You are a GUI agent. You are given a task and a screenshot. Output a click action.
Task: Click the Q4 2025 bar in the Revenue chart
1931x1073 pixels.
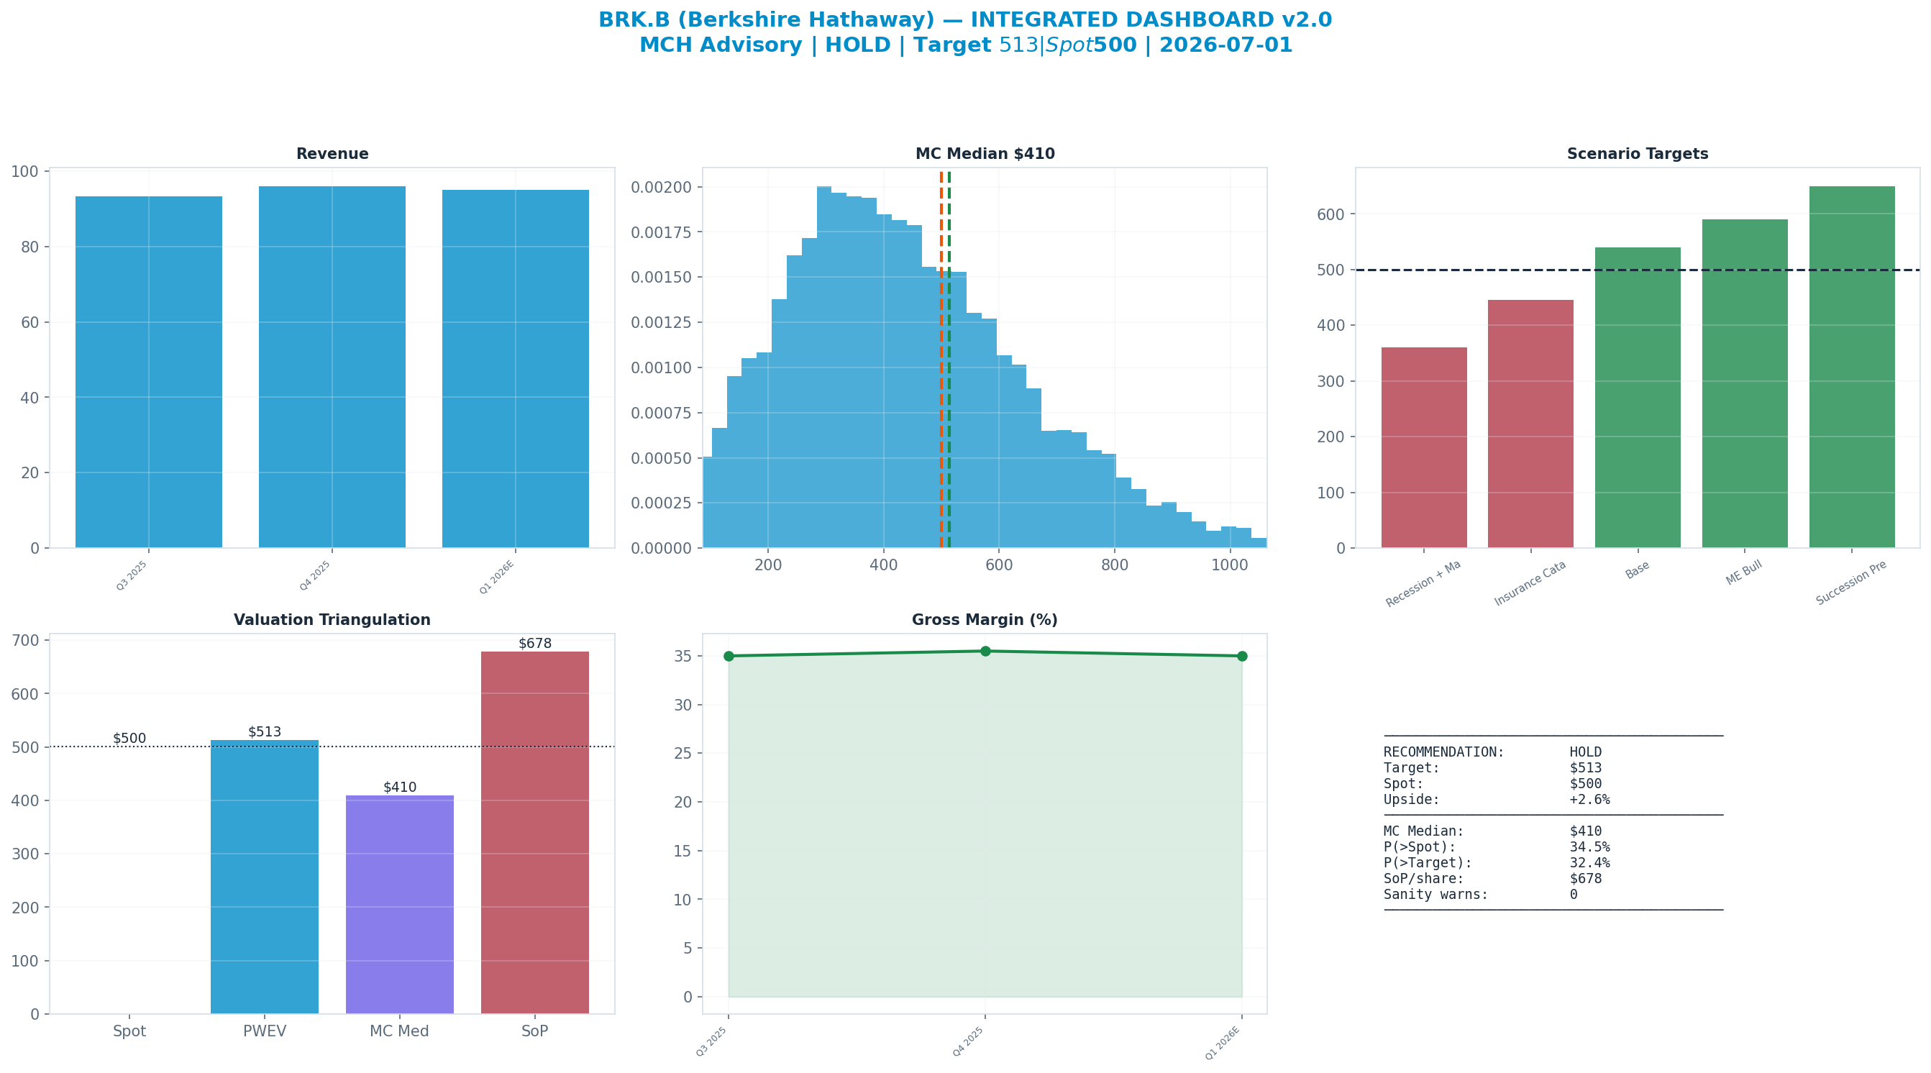(332, 367)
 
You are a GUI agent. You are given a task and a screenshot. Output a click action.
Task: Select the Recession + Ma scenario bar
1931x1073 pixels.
(1423, 447)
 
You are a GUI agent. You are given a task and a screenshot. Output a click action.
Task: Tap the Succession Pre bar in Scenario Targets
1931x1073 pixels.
(1852, 367)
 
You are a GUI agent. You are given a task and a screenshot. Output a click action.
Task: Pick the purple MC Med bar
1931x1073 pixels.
(400, 904)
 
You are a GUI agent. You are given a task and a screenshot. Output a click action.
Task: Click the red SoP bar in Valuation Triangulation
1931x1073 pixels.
(534, 832)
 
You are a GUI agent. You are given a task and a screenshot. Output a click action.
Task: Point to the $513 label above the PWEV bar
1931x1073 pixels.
(265, 732)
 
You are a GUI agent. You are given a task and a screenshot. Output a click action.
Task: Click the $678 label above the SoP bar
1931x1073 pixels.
(534, 644)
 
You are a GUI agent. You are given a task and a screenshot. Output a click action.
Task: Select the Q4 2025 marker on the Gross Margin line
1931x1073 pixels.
(985, 651)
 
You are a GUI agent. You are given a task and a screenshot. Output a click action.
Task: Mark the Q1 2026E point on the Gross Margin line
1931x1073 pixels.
(1242, 656)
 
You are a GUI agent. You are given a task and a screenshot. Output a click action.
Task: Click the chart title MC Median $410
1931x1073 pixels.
(985, 154)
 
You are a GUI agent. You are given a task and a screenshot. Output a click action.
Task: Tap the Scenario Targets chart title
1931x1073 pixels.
(1637, 154)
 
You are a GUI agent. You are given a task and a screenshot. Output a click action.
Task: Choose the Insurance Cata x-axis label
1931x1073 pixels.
(1530, 583)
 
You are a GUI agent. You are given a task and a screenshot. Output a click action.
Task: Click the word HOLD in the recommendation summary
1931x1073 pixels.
(1585, 752)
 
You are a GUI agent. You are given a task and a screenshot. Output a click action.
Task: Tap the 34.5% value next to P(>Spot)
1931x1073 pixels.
(1589, 847)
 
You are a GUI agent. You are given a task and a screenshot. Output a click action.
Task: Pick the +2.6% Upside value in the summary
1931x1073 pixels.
(1589, 799)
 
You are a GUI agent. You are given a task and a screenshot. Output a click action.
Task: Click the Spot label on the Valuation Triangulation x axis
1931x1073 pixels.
(129, 1032)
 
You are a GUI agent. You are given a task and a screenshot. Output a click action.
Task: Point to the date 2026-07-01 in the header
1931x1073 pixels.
(1226, 45)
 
